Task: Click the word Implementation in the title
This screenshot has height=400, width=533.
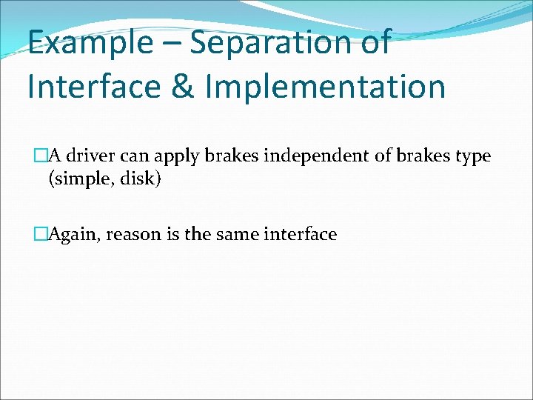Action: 326,87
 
